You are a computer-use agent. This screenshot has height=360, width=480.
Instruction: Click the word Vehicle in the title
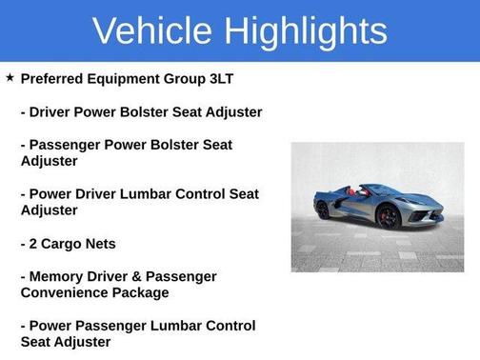151,31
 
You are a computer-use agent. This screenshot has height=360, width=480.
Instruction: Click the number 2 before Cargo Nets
35,244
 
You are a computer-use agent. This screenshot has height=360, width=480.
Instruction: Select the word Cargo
65,244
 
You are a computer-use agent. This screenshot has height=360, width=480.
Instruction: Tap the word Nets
103,244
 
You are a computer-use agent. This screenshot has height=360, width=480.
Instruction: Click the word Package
144,292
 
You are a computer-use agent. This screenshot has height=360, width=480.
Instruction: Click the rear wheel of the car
324,211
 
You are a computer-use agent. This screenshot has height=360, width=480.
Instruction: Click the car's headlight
410,200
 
